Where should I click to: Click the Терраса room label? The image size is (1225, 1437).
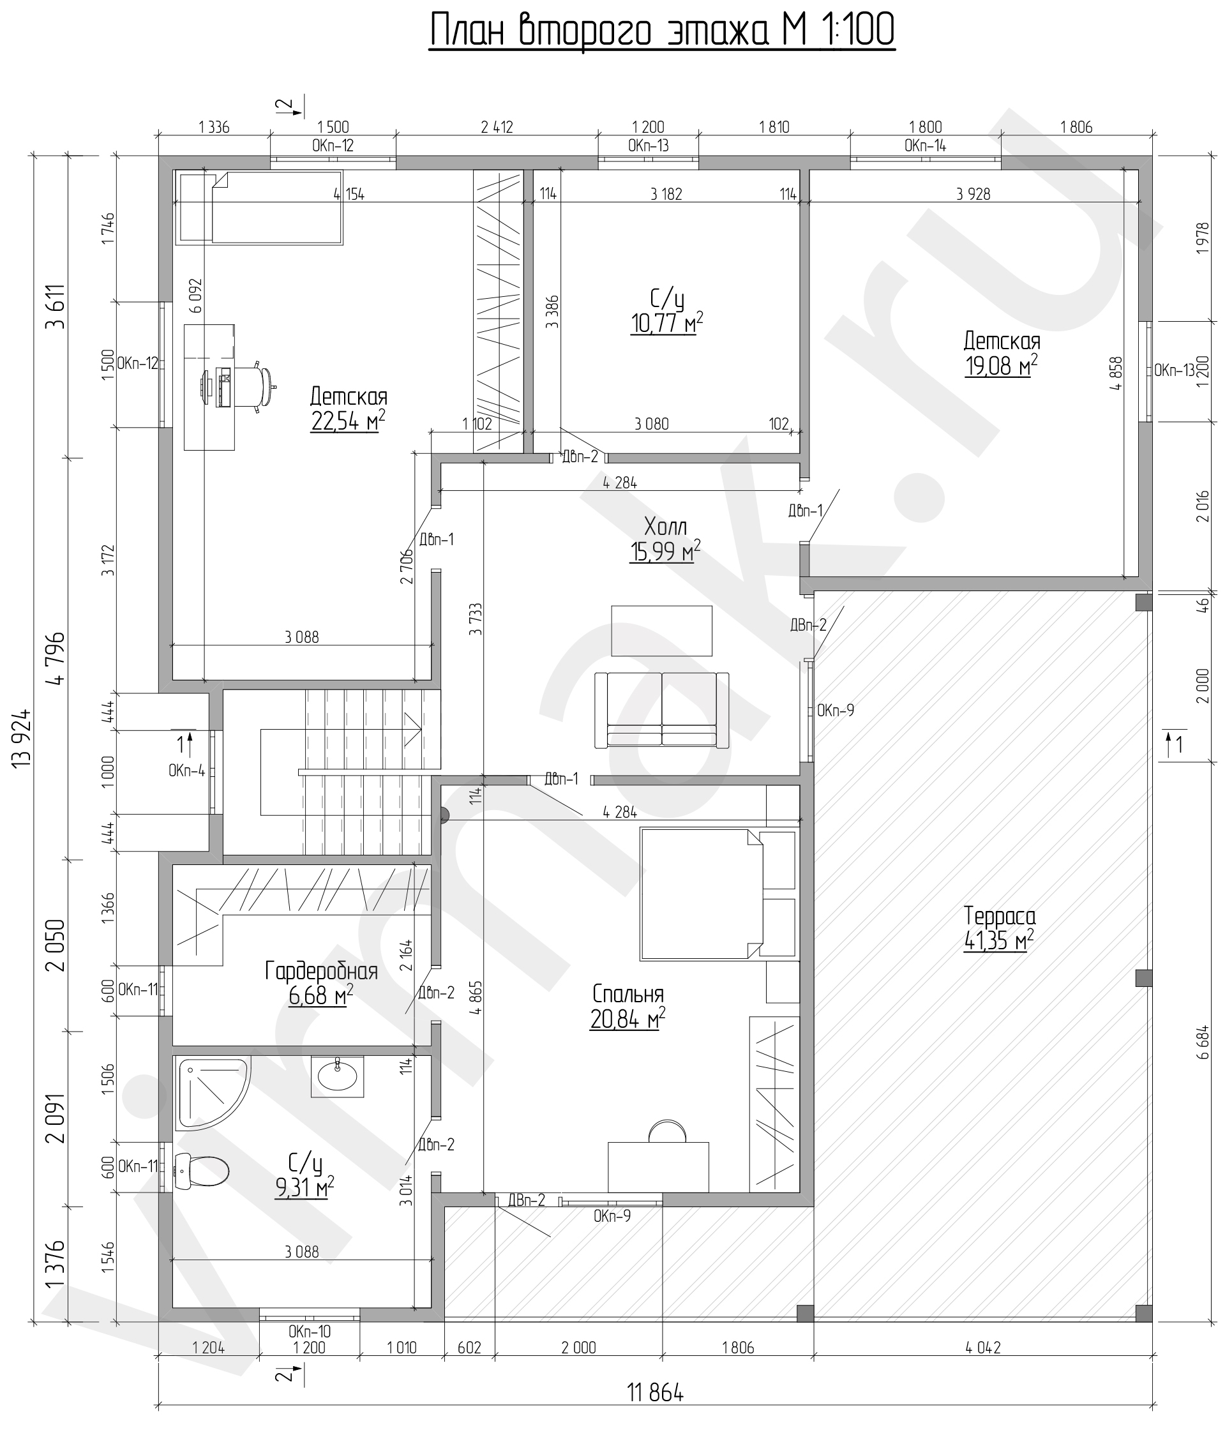click(1000, 916)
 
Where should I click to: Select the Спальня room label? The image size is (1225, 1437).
click(628, 994)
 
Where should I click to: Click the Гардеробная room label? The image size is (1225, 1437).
click(321, 971)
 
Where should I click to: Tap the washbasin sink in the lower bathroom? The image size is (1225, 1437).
click(337, 1076)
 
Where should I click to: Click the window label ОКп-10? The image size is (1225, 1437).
click(310, 1331)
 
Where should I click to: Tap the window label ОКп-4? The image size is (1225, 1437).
click(186, 771)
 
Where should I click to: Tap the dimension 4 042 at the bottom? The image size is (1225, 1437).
click(983, 1348)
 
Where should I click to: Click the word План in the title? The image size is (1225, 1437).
click(471, 31)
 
